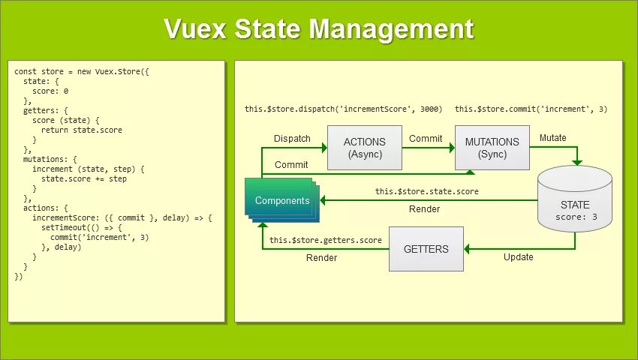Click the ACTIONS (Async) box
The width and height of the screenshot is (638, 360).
pos(365,148)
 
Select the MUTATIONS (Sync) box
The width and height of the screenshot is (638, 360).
pos(492,148)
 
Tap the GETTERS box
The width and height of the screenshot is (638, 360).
pos(426,249)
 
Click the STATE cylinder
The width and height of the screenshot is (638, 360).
pos(576,201)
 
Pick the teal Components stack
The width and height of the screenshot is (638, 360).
pos(282,200)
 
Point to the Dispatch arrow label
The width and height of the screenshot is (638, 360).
pos(292,139)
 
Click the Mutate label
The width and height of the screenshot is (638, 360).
pos(553,138)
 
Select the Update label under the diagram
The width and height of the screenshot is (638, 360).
pos(518,257)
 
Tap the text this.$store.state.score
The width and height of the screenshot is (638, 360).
pos(427,192)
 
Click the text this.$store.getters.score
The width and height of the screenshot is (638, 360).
pos(326,240)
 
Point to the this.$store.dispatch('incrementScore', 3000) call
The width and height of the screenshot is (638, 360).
pos(344,109)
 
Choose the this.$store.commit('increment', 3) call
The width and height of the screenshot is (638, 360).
pos(531,109)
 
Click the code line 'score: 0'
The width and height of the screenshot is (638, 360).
pos(50,91)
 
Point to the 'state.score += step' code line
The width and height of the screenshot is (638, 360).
pos(84,178)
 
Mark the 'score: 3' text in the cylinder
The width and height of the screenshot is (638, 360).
pos(576,217)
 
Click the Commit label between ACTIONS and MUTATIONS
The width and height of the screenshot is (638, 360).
pos(425,139)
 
